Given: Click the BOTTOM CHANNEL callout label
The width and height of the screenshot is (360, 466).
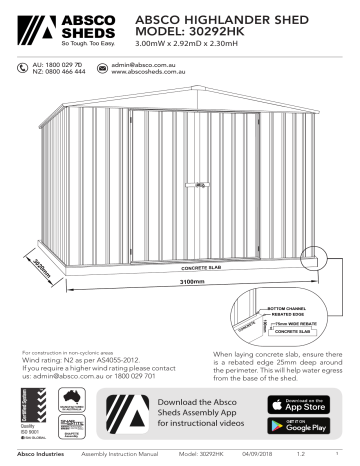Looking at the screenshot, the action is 289,308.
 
